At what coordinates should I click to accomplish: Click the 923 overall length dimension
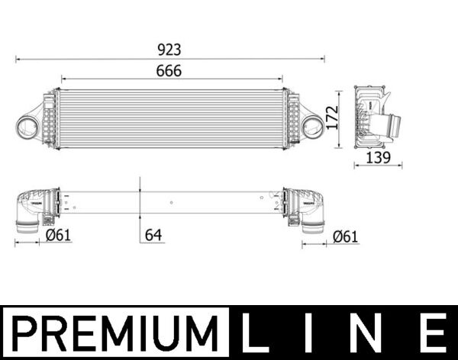pos(169,50)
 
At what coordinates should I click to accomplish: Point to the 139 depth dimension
pos(377,157)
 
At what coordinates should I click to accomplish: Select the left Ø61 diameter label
pos(58,236)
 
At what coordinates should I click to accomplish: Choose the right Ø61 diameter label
pos(345,236)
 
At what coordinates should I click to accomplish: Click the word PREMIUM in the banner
pos(114,334)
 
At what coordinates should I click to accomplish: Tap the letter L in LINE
pos(256,334)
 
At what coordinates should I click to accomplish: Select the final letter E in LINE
pos(433,334)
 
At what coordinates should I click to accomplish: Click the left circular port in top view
pos(28,125)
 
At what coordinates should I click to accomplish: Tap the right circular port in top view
pos(311,125)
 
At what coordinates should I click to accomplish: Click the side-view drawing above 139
pos(374,118)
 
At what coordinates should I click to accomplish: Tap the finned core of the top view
pos(169,118)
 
